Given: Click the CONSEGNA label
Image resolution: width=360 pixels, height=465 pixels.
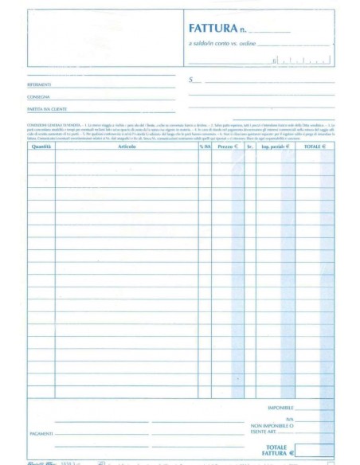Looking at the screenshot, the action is click(38, 96).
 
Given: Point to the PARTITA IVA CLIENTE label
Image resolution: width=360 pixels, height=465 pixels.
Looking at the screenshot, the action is click(45, 108).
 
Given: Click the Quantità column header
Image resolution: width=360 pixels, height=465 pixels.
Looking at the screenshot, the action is click(41, 147).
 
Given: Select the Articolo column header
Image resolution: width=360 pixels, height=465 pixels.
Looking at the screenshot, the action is click(127, 147).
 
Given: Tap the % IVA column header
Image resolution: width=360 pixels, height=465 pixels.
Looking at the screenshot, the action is click(205, 147).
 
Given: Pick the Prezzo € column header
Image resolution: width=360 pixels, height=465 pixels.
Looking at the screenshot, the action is click(229, 147).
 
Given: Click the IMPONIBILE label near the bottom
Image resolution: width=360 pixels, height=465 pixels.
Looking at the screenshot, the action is click(280, 407).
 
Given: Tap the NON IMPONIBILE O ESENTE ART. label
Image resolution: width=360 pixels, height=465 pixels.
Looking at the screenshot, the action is click(272, 429).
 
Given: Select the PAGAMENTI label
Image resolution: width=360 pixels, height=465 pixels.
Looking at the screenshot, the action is click(41, 434).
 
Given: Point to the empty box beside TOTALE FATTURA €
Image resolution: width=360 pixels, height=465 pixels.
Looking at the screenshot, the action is click(315, 450).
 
